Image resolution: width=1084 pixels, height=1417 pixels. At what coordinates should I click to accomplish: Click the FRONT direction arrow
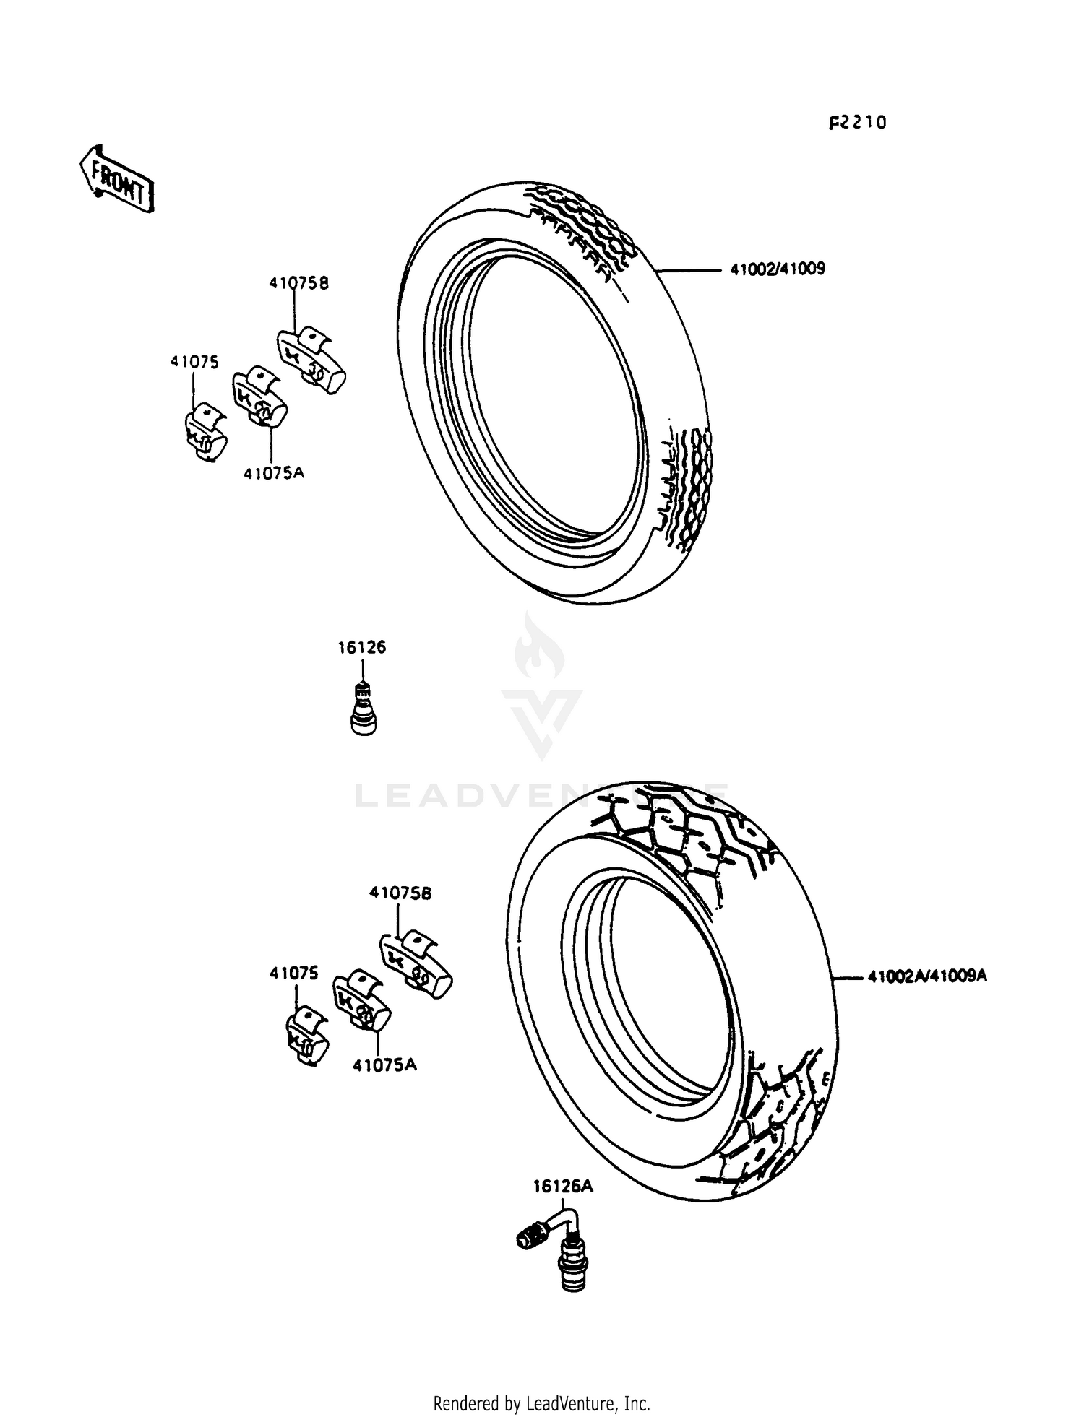pos(116,178)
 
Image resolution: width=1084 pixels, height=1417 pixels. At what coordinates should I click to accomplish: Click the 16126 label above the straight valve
pos(361,647)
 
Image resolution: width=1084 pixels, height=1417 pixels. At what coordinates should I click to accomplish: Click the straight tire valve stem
pos(363,708)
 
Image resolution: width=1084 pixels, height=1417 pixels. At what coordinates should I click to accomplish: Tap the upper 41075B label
pos(298,283)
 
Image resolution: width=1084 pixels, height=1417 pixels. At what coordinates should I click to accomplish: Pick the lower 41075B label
pos(400,893)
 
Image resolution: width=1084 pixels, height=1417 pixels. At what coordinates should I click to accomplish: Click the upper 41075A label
pos(274,473)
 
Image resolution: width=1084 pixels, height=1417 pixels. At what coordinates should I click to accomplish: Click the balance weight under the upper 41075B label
pos(311,359)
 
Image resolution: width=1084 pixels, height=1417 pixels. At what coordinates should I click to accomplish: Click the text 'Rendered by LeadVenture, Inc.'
pos(541,1403)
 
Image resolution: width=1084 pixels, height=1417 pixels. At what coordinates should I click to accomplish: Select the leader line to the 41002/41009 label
pos(689,271)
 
